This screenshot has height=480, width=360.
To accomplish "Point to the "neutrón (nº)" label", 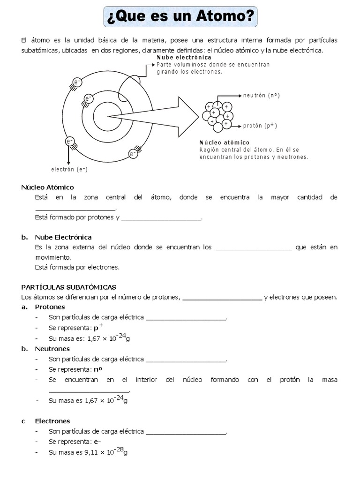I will [261, 96].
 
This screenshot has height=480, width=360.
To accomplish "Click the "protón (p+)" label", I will [260, 126].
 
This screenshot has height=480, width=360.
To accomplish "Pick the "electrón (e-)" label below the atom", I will [69, 169].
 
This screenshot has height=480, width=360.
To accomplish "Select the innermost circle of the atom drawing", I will [107, 116].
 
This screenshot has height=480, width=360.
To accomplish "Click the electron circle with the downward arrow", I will [69, 141].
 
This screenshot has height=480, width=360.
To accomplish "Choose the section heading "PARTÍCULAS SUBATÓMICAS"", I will [68, 287].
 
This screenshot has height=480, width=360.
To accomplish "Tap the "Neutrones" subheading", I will [52, 349].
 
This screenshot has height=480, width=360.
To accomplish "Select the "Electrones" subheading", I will [52, 421].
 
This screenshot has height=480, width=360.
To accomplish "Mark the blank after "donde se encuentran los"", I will [253, 247].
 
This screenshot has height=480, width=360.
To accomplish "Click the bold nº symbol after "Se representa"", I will [98, 369].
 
